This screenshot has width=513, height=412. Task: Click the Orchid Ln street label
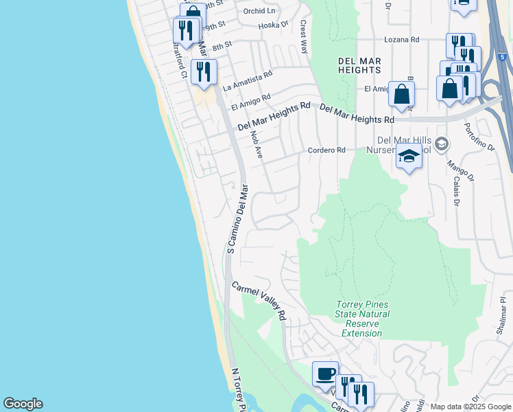259,11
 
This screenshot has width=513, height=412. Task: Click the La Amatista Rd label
248,80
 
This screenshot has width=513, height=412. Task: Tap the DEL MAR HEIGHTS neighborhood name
359,65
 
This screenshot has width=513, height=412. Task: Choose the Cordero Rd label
326,150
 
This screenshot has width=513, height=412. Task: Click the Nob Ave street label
257,145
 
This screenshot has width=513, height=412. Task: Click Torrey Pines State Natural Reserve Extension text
362,319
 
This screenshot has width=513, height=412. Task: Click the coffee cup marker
325,374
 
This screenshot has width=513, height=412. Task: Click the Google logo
23,404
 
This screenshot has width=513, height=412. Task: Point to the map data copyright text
470,407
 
